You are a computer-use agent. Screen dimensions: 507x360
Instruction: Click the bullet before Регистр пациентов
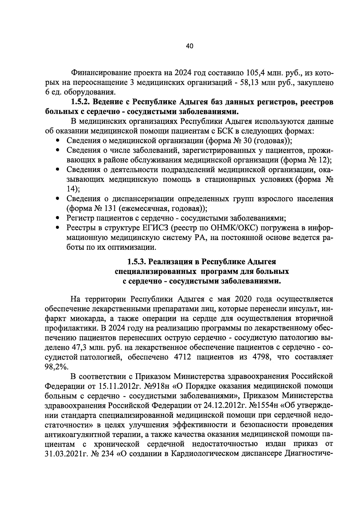[58, 218]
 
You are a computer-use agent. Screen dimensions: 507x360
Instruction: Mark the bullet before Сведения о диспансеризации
[58, 199]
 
